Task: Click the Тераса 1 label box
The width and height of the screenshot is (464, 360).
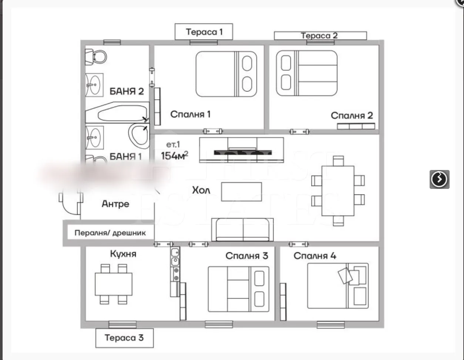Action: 204,32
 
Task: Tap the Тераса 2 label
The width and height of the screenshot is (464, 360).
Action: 320,36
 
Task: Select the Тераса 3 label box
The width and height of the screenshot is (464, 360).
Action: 124,338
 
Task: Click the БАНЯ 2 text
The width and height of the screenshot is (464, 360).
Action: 127,91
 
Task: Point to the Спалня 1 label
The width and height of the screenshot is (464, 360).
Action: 190,114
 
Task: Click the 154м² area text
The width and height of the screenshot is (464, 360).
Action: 174,155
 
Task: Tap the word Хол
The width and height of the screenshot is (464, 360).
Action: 201,190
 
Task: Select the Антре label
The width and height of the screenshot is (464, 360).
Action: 115,204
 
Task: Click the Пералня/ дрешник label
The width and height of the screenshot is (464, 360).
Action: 110,233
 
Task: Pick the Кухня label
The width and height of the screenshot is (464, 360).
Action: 123,254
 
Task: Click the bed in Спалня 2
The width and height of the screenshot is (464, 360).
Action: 307,73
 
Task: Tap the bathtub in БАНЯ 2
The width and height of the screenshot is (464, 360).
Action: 117,113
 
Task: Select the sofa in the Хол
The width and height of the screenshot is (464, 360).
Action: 242,230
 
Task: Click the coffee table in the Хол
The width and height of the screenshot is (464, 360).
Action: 241,191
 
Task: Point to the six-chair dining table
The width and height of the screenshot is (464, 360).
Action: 338,191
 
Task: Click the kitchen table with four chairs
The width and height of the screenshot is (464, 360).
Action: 114,284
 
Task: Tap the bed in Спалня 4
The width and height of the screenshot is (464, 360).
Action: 338,286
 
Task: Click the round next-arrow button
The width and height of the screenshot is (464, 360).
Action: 439,179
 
